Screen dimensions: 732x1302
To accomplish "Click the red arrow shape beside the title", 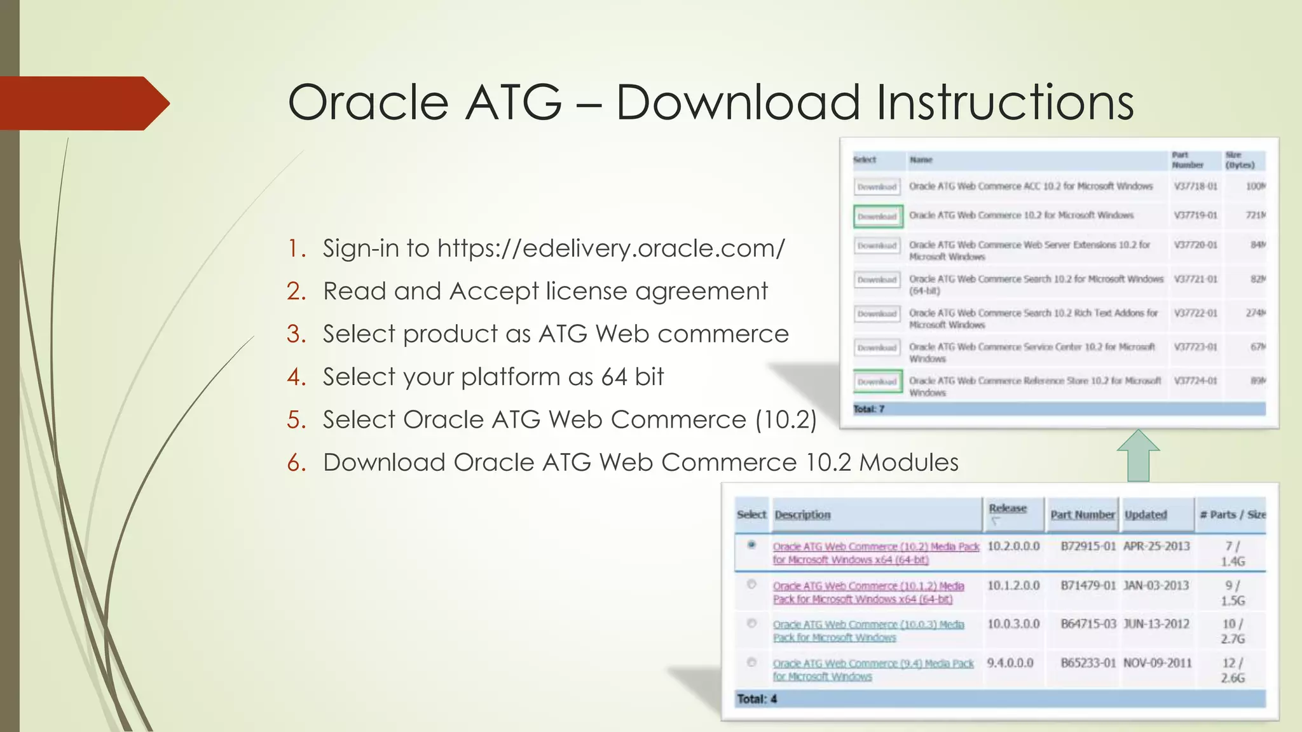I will [83, 104].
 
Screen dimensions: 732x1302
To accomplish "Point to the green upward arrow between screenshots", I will [1138, 456].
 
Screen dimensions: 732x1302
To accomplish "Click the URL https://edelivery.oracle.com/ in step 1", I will [611, 248].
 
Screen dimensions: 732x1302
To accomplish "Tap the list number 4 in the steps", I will [296, 377].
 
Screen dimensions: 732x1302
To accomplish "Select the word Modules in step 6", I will [908, 463].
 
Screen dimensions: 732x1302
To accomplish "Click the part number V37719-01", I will [1195, 215].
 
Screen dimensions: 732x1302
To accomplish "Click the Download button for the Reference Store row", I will [877, 381].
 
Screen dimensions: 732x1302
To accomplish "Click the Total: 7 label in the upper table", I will [868, 409].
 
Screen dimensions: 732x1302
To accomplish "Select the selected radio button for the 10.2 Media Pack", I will [751, 545].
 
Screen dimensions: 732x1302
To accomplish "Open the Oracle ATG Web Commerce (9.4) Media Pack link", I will [873, 663].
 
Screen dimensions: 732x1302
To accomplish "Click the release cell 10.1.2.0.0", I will [1013, 586].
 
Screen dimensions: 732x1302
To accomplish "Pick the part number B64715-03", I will [1088, 624].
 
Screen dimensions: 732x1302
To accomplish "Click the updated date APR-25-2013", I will [1156, 546].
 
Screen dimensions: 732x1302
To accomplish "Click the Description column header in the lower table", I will [802, 515].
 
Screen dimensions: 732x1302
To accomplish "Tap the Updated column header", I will [1145, 515].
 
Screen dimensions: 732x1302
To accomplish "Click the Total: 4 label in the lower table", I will [757, 699].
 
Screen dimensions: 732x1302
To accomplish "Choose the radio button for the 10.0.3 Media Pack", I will [751, 623].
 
